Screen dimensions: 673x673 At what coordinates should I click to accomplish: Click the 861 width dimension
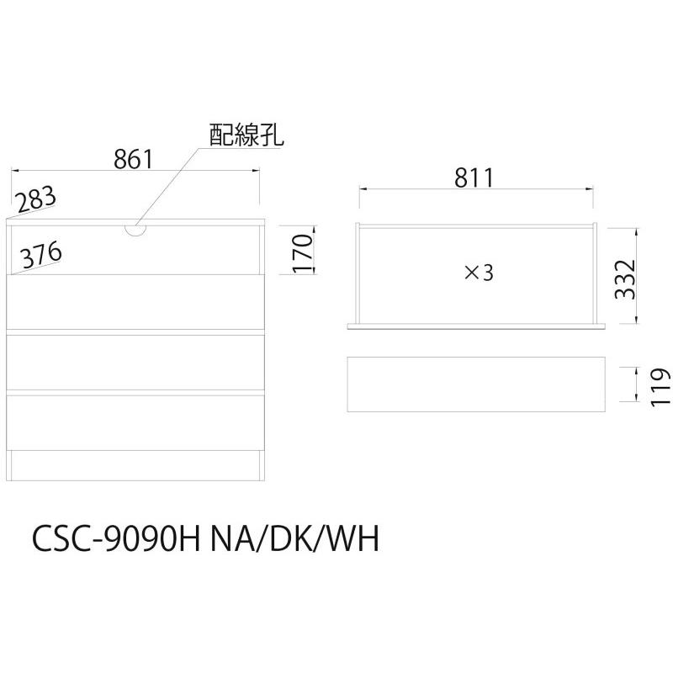(133, 159)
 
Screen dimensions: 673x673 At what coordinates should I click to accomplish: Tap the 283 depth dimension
(35, 199)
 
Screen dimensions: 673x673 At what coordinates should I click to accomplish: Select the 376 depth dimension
(41, 255)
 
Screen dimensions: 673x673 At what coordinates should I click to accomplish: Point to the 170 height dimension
(303, 253)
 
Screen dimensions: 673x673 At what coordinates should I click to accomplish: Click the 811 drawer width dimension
(474, 178)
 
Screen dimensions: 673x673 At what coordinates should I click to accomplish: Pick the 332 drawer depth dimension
(624, 279)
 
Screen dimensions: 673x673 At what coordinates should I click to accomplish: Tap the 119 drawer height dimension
(660, 387)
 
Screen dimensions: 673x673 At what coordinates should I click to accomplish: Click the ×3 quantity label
(479, 273)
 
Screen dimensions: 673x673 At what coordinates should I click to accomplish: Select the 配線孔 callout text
(246, 135)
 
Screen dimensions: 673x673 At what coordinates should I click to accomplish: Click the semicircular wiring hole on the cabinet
(135, 230)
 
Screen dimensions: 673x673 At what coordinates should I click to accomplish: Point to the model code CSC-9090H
(117, 538)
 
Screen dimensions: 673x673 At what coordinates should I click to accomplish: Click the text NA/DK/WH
(294, 538)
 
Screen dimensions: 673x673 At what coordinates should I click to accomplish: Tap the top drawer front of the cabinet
(135, 302)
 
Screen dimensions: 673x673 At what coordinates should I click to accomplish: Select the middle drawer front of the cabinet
(135, 363)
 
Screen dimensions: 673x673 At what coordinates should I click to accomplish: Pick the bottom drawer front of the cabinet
(135, 422)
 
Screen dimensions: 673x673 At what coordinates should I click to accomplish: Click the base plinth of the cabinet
(135, 466)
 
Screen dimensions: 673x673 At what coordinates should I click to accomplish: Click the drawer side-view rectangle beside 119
(476, 384)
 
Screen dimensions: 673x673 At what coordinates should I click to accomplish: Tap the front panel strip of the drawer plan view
(476, 326)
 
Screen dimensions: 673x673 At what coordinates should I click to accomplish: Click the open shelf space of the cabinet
(135, 250)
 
